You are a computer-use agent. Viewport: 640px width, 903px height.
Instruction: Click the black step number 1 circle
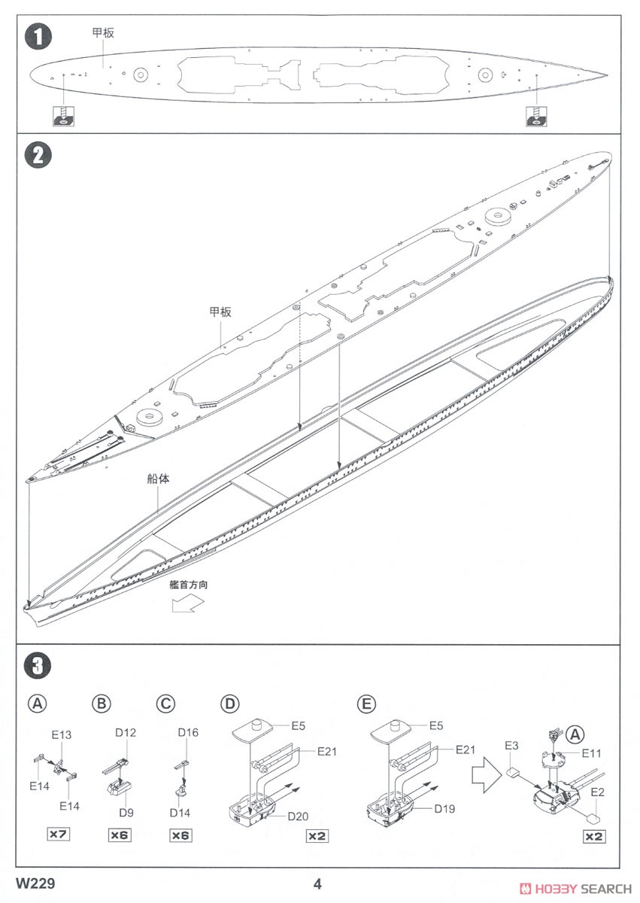tap(38, 36)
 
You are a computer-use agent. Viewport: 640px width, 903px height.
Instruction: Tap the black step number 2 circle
tap(38, 156)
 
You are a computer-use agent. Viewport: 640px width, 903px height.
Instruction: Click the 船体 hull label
tap(158, 479)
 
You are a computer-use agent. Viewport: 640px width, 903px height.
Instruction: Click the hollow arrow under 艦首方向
tap(187, 603)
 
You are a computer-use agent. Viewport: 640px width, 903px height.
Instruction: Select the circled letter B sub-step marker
tap(101, 704)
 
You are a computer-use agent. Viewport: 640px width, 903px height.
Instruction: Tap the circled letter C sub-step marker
tap(165, 704)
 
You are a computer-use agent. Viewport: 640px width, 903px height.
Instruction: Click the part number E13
tap(62, 734)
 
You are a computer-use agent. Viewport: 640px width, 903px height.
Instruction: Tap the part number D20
tap(299, 816)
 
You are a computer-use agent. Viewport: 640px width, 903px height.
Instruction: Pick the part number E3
tap(511, 745)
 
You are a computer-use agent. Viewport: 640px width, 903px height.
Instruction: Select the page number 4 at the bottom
tap(317, 883)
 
